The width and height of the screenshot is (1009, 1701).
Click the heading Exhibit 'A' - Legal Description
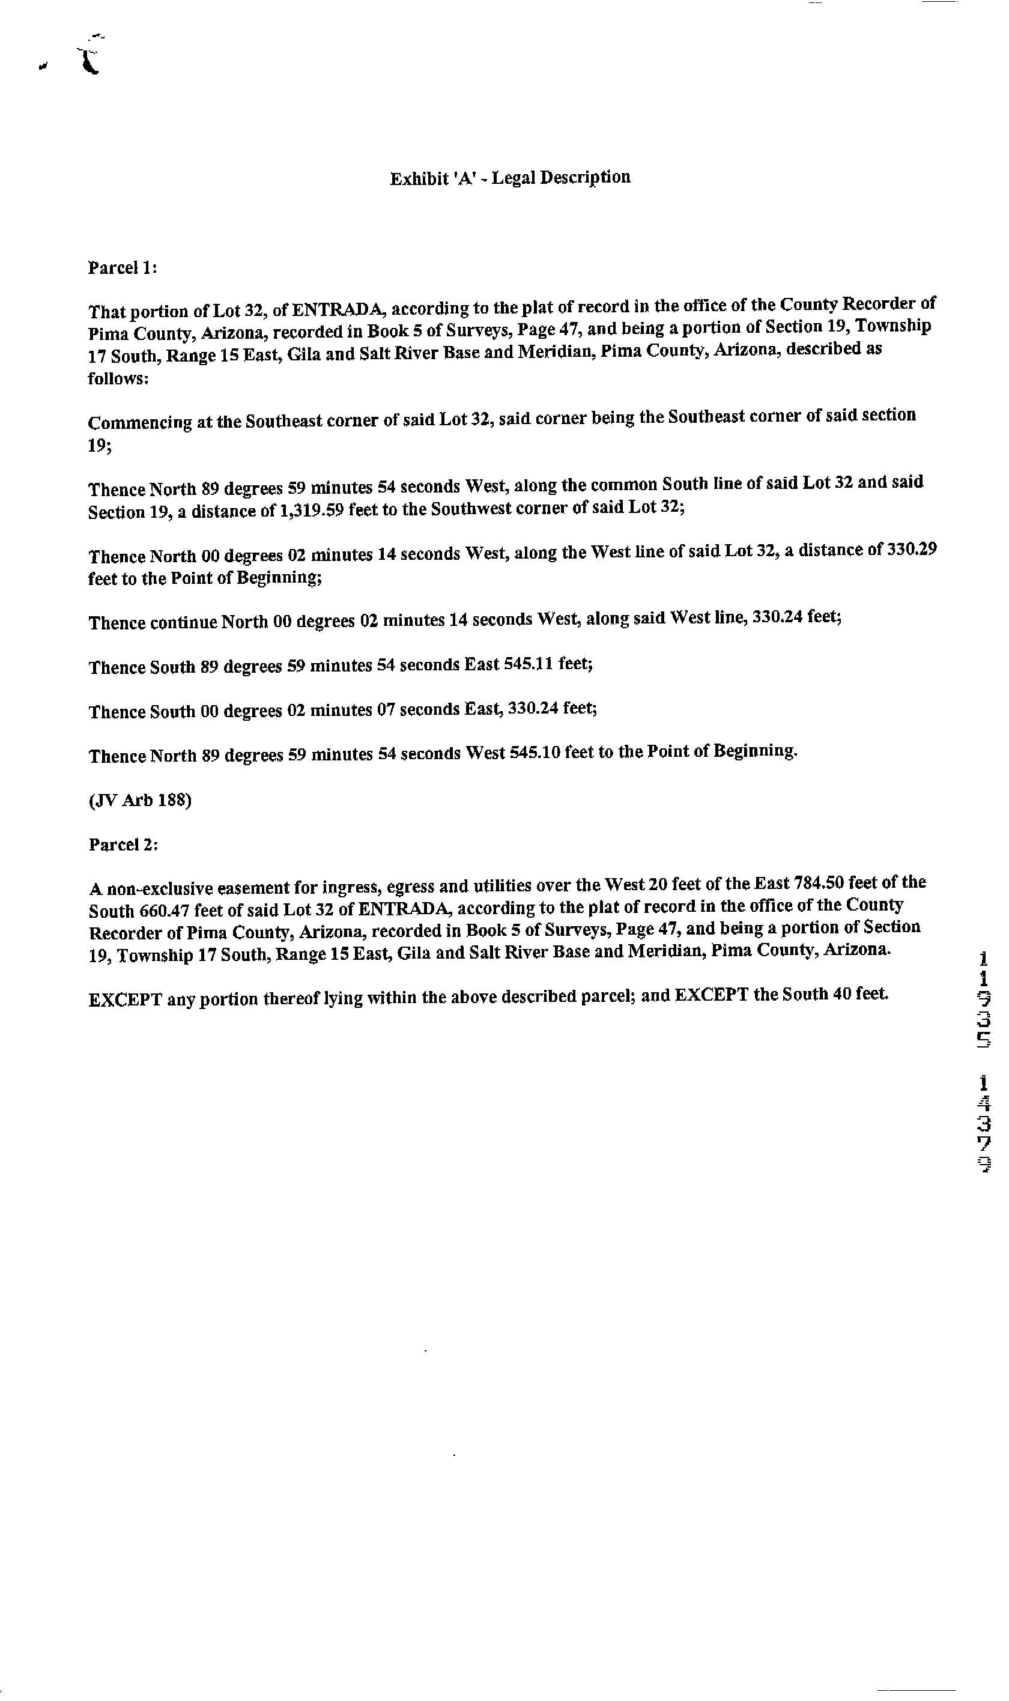(510, 178)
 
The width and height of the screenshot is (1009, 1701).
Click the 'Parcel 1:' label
(123, 268)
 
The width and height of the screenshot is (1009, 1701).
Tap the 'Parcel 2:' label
(123, 844)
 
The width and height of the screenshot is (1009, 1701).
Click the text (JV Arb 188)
(140, 800)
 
